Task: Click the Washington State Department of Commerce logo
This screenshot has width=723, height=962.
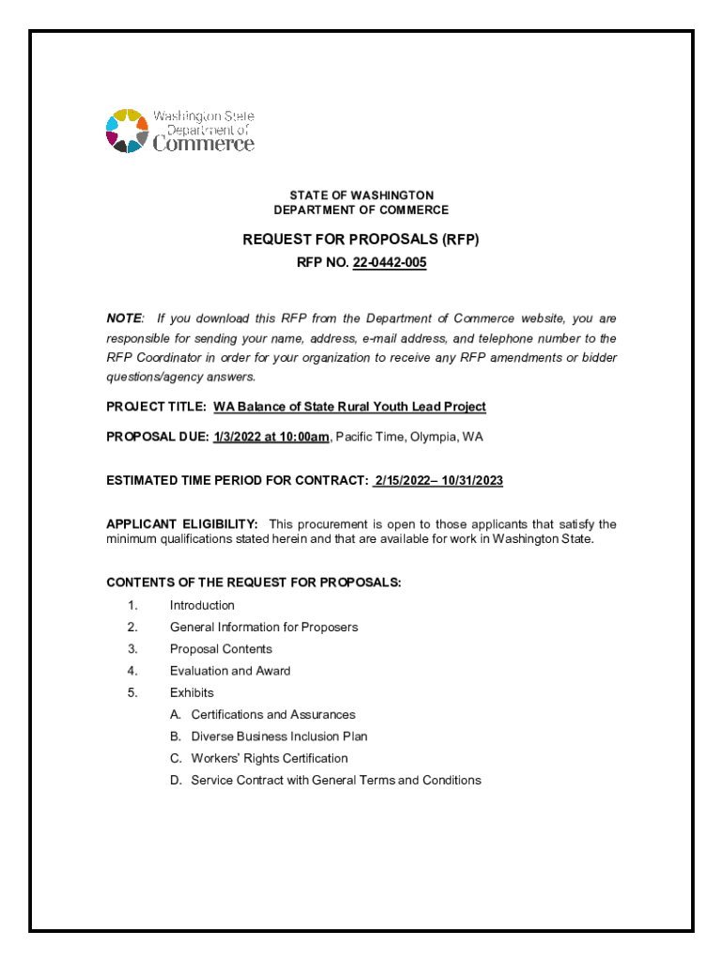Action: pyautogui.click(x=179, y=132)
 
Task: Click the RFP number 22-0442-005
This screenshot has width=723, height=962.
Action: pyautogui.click(x=390, y=264)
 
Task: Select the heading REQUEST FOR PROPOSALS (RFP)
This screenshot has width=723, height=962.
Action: pyautogui.click(x=361, y=240)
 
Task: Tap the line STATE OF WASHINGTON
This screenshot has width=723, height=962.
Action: pyautogui.click(x=361, y=195)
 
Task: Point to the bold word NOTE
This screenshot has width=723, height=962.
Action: pyautogui.click(x=124, y=319)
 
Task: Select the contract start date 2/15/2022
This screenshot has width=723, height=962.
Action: pyautogui.click(x=405, y=481)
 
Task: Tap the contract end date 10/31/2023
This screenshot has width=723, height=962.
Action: pyautogui.click(x=472, y=481)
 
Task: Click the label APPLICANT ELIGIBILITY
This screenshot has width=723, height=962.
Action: pyautogui.click(x=182, y=524)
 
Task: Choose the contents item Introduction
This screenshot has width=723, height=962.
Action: pyautogui.click(x=202, y=606)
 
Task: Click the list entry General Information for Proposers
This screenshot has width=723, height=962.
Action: pyautogui.click(x=264, y=628)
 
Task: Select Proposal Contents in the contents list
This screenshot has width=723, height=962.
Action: pyautogui.click(x=221, y=649)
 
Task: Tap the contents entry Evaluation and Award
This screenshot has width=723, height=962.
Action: pyautogui.click(x=230, y=671)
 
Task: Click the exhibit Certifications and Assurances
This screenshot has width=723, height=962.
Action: pyautogui.click(x=273, y=715)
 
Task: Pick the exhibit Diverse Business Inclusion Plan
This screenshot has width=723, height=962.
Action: pyautogui.click(x=279, y=737)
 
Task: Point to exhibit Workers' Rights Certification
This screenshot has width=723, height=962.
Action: pyautogui.click(x=269, y=758)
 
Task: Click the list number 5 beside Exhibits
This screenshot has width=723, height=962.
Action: pyautogui.click(x=132, y=693)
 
